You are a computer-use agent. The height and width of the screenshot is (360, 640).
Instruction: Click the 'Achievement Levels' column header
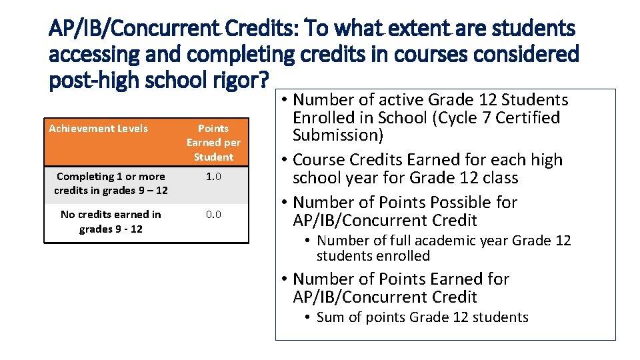pyautogui.click(x=99, y=128)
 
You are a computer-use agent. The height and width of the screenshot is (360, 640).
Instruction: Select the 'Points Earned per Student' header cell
pyautogui.click(x=213, y=143)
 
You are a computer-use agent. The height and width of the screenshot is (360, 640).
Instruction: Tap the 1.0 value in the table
pyautogui.click(x=213, y=177)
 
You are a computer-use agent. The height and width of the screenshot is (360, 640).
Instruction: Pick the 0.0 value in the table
pyautogui.click(x=213, y=215)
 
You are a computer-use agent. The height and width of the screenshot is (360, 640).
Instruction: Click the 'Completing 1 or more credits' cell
pyautogui.click(x=111, y=183)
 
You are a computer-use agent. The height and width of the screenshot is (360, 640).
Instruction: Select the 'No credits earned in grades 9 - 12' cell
pyautogui.click(x=111, y=221)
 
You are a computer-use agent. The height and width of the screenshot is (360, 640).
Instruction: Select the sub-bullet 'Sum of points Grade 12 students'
pyautogui.click(x=422, y=317)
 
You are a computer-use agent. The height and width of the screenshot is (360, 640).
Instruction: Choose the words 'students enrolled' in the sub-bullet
pyautogui.click(x=373, y=256)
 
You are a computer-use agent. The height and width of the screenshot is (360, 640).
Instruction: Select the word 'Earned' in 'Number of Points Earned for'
pyautogui.click(x=453, y=279)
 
